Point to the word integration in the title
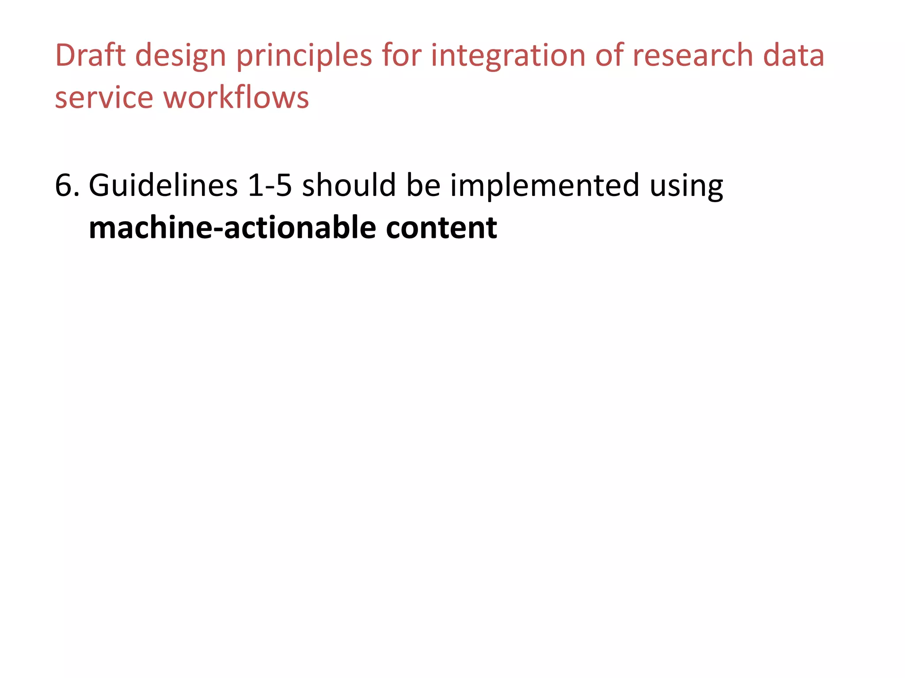point(508,56)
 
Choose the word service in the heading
point(104,98)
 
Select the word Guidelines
point(163,185)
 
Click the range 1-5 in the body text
point(270,185)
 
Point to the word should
point(349,185)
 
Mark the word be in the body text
point(423,185)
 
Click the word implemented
point(544,185)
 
